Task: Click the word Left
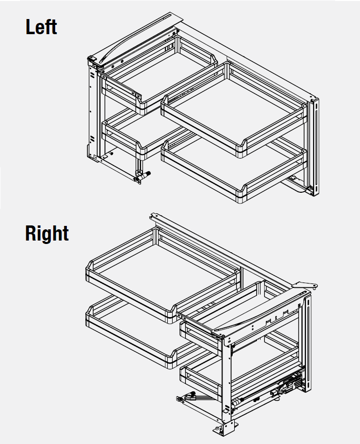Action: (x=41, y=27)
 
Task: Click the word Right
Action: (x=47, y=233)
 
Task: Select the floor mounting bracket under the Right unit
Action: (x=225, y=428)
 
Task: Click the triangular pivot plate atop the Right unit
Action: (x=304, y=285)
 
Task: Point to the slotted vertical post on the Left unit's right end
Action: (x=314, y=147)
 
